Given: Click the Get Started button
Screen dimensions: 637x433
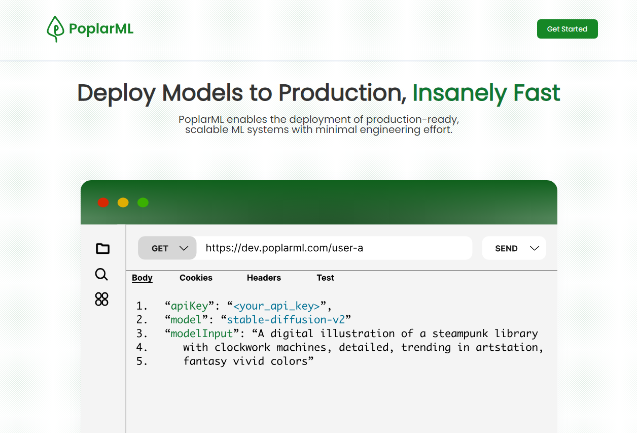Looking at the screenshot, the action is pos(568,29).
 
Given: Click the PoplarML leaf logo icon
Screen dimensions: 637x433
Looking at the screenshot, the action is pos(55,29).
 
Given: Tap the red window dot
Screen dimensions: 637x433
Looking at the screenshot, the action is pos(103,203).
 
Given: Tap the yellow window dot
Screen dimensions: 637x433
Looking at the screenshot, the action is pos(123,203).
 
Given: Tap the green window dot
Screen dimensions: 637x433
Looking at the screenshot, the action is pos(143,203).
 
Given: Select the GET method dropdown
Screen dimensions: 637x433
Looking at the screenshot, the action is pos(167,248).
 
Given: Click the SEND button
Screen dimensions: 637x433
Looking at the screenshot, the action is pos(514,248).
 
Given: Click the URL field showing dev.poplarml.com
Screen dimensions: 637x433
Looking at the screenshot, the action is pos(334,248).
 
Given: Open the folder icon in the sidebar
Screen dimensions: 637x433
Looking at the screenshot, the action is pos(102,249).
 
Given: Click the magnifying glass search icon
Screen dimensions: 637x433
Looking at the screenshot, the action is pos(101,275).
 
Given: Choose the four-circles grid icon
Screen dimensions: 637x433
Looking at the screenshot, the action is pos(101,299).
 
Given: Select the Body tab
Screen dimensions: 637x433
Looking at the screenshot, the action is pos(142,278).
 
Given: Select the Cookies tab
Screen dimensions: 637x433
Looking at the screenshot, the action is pos(196,278).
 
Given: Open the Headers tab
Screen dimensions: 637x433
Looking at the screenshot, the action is pos(264,278).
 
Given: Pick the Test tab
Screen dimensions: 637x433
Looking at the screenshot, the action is pos(325,278).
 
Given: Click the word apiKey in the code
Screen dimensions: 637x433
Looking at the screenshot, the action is pos(189,306).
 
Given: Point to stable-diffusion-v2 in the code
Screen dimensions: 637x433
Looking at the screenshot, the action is pos(286,320).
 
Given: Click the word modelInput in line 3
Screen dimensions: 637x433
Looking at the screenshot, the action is pos(202,334).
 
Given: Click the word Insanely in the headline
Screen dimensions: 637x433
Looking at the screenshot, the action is pos(460,93).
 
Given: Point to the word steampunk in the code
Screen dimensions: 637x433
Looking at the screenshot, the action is pos(460,334).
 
